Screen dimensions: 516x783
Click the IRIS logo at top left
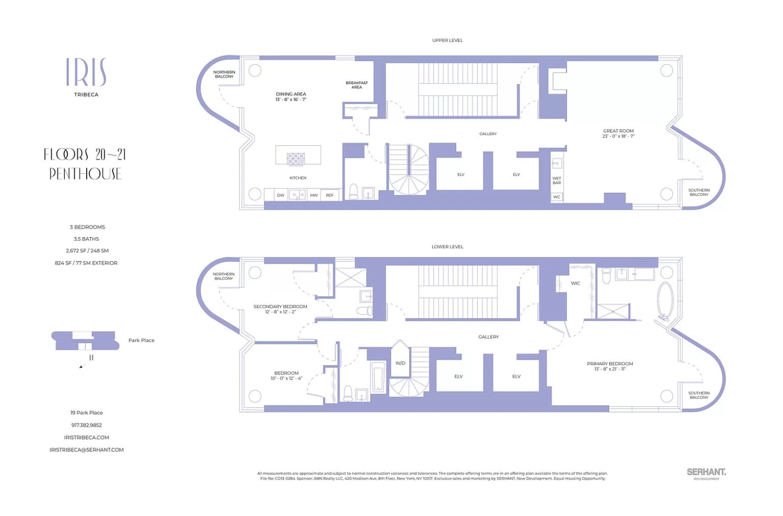(86, 73)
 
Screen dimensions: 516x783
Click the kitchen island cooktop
(295, 158)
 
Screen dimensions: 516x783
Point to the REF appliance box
(330, 195)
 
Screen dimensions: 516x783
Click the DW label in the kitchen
(280, 195)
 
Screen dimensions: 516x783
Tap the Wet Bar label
(556, 181)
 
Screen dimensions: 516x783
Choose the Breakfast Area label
(357, 85)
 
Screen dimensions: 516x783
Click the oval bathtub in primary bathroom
(665, 301)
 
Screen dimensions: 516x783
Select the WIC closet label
(575, 284)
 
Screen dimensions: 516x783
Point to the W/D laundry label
(400, 363)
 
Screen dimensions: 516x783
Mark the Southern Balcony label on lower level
(698, 395)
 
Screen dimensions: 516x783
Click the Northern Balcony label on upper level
(224, 74)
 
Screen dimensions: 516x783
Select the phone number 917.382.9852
(87, 425)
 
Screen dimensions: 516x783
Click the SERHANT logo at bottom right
(706, 472)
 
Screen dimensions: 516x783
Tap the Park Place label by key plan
(141, 341)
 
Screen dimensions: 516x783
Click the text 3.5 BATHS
(87, 239)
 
